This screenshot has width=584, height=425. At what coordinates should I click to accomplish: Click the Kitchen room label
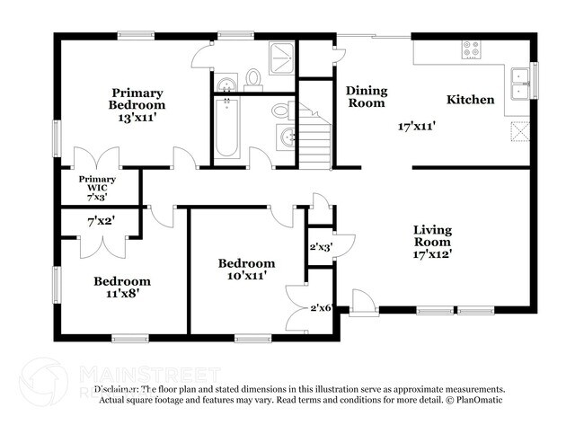(470, 99)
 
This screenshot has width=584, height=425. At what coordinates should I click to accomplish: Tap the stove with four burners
(472, 49)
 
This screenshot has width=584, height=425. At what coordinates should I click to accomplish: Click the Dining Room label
(366, 96)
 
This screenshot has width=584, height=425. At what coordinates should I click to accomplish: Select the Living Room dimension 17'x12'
(431, 254)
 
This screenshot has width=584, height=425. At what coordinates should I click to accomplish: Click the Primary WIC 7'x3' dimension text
(97, 196)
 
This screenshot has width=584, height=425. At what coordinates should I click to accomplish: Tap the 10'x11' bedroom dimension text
(246, 277)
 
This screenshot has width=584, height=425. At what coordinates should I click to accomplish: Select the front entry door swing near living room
(362, 302)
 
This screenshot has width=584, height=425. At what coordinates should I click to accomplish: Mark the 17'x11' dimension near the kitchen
(417, 127)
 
